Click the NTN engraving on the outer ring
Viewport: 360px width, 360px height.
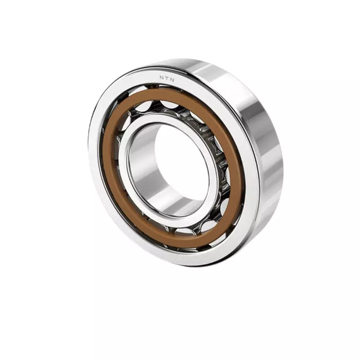[166, 77]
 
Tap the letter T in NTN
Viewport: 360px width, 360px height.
[166, 77]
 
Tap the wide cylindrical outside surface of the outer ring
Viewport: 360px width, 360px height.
[265, 148]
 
